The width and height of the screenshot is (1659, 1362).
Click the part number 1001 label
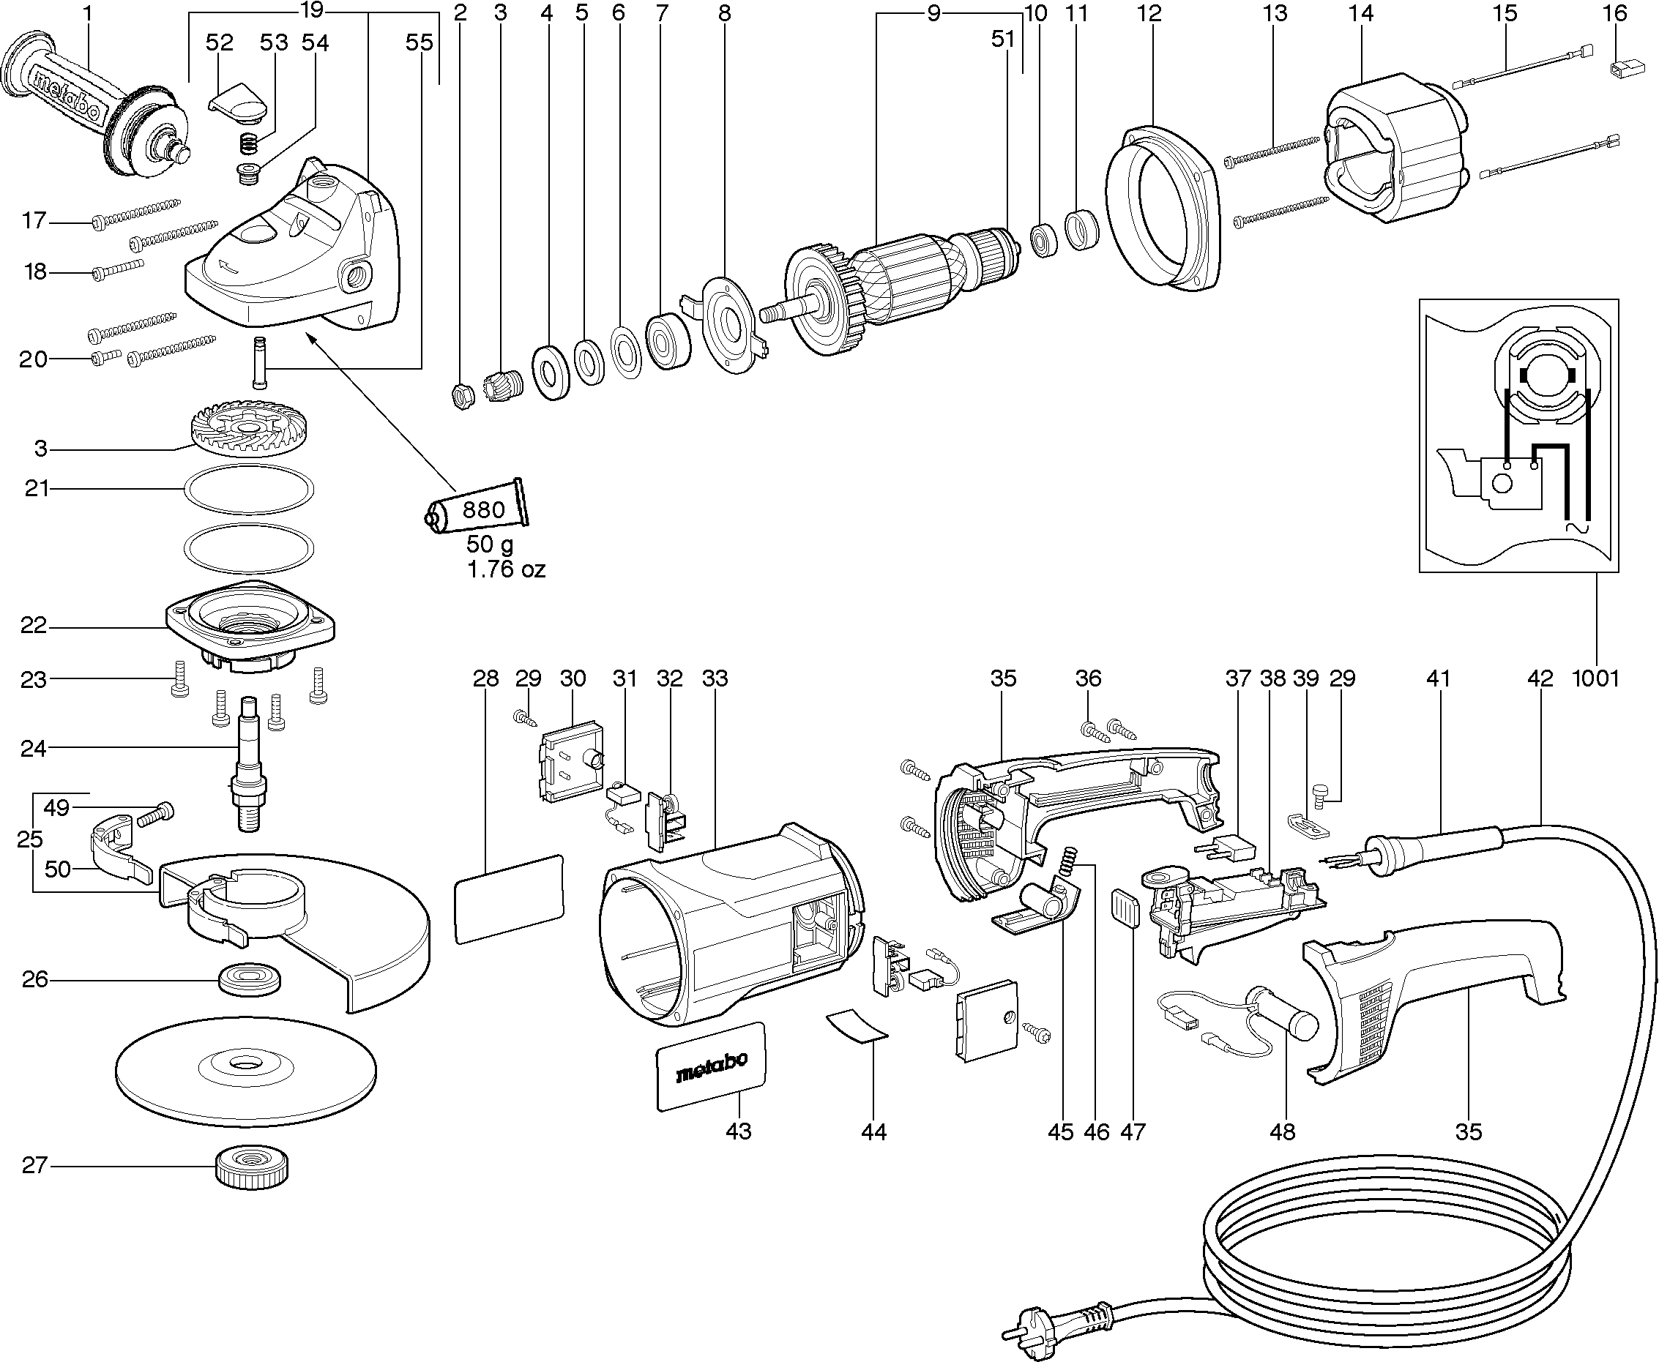click(1595, 678)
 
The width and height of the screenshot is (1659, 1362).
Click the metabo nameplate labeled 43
click(711, 1066)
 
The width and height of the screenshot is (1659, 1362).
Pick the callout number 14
click(1362, 13)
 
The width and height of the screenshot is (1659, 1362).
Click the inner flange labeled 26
click(249, 979)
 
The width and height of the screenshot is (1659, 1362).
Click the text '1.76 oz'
click(505, 569)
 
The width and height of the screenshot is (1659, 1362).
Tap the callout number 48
click(1282, 1131)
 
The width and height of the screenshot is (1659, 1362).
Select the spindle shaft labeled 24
click(249, 761)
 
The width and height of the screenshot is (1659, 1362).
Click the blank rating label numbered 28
click(510, 899)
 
